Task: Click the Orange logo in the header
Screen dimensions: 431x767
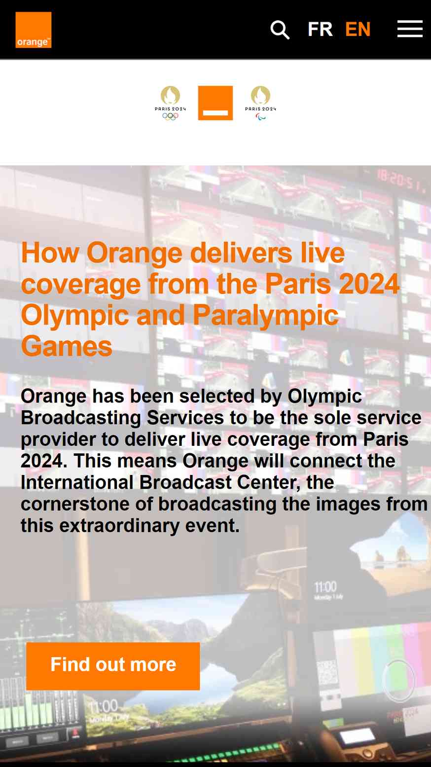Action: (33, 30)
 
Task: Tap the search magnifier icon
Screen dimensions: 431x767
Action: (280, 30)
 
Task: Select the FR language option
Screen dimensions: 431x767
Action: (320, 29)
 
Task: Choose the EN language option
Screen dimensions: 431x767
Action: (358, 29)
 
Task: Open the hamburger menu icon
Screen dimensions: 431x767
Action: (410, 29)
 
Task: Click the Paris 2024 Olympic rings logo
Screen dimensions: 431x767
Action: (170, 103)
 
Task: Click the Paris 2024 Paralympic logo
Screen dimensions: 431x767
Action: (260, 103)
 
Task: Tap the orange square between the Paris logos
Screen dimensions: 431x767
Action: (215, 103)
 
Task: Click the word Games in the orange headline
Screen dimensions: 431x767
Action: (67, 346)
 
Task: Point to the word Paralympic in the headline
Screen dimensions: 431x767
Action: (266, 316)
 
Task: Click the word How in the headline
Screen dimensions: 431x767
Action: (50, 253)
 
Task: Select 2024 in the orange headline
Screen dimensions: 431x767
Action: (369, 284)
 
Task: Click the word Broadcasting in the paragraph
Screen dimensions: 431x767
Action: (81, 418)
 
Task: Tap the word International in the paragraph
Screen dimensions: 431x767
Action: (77, 482)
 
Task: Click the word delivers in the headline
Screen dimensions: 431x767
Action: (241, 253)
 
